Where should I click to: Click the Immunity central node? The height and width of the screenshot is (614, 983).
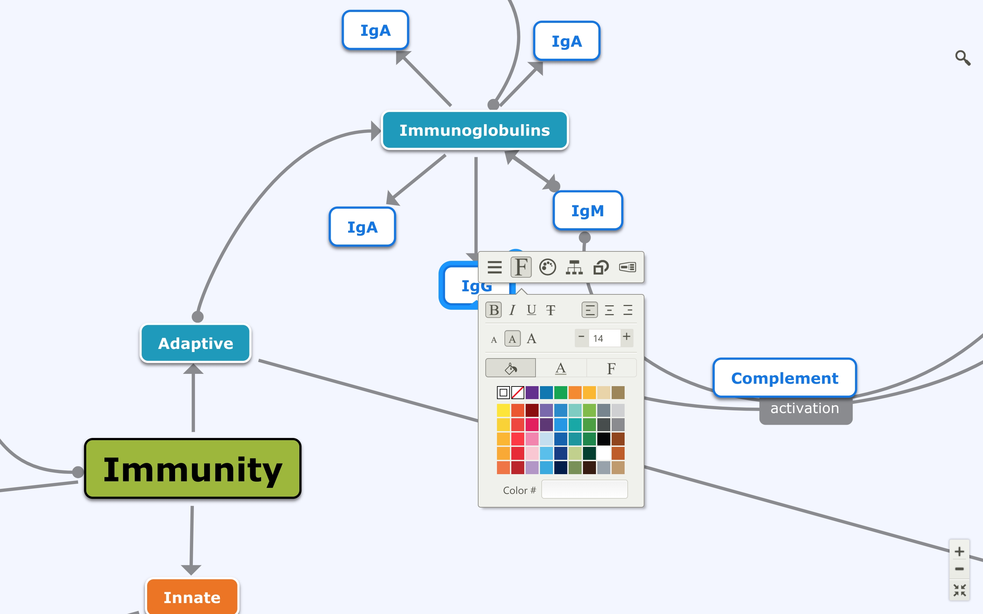[193, 469]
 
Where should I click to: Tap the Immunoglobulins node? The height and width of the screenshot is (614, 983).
[474, 130]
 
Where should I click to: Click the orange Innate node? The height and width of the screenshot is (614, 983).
[192, 597]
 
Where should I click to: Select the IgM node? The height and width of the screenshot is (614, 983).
[587, 211]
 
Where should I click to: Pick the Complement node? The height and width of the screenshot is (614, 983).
[784, 378]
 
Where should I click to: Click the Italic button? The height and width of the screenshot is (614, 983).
[513, 310]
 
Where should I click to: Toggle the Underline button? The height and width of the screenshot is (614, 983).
[531, 310]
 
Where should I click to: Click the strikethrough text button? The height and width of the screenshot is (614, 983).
[551, 310]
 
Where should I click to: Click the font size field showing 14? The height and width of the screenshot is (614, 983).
[603, 338]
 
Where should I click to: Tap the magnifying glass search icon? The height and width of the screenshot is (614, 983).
[962, 58]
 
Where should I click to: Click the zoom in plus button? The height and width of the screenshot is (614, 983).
[959, 552]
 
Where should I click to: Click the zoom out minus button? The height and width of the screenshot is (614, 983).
[959, 569]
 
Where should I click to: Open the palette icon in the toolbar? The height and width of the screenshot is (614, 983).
[547, 267]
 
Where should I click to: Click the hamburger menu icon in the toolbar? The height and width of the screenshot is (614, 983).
[494, 267]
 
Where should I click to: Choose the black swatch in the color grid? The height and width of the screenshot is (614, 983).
[603, 439]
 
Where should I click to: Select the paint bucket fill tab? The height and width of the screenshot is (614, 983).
[511, 368]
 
